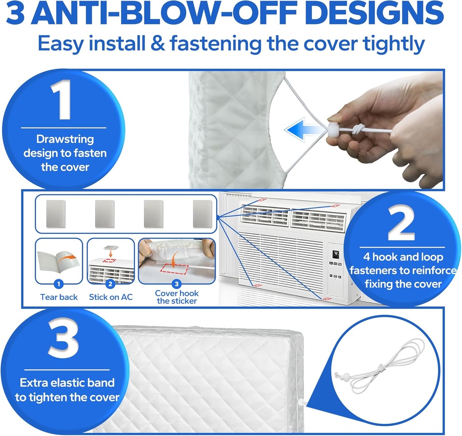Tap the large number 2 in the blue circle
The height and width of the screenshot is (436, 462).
(402, 225)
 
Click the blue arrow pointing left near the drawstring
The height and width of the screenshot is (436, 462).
(303, 130)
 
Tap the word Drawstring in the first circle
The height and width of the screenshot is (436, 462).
(65, 139)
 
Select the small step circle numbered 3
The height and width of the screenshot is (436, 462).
(176, 284)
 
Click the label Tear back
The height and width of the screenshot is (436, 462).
(59, 297)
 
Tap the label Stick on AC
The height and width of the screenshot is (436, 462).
(111, 297)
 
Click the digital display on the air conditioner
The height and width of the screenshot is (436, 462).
(336, 254)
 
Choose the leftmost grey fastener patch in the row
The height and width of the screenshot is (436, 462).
(56, 214)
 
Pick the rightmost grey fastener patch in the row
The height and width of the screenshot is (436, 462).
(202, 214)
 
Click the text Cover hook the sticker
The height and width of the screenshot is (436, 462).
(176, 297)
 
